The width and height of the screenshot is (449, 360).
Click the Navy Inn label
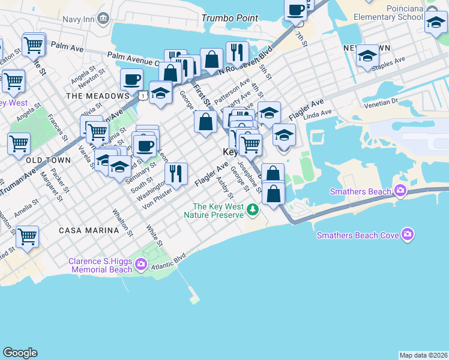(78, 19)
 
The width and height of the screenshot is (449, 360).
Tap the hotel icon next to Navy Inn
(103, 19)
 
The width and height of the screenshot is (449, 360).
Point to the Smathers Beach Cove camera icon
(408, 234)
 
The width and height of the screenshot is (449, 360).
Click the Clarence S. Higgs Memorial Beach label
(100, 265)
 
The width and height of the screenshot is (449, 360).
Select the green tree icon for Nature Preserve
(253, 210)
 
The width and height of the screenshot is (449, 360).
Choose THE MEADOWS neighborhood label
(98, 95)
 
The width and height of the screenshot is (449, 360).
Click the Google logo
(20, 353)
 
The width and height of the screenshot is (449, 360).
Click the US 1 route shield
(143, 95)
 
